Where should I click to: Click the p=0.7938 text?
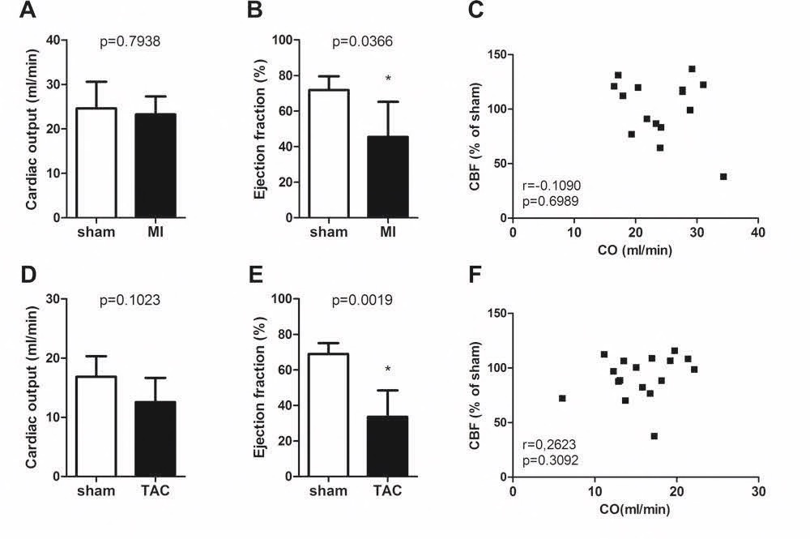pyautogui.click(x=126, y=43)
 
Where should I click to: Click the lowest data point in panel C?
pyautogui.click(x=723, y=177)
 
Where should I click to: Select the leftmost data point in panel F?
pyautogui.click(x=562, y=398)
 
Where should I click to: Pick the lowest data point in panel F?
pyautogui.click(x=654, y=436)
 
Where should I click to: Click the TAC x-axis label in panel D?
pyautogui.click(x=156, y=491)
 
